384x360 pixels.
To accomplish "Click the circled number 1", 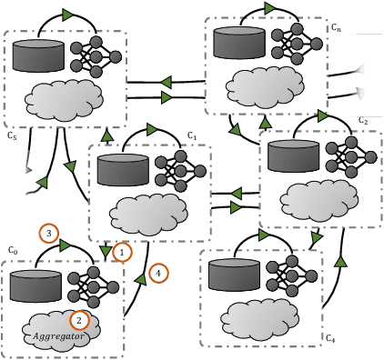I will (122, 248).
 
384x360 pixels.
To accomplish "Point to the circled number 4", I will (157, 272).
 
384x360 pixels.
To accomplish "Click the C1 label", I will (192, 135).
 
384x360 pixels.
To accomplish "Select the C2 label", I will (362, 120).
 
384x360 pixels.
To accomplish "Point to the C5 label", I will (12, 136).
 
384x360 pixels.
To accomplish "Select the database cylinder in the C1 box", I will (122, 170).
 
